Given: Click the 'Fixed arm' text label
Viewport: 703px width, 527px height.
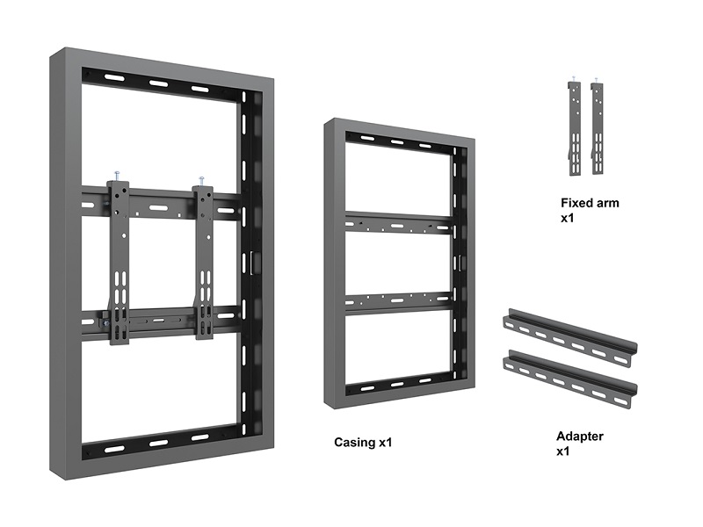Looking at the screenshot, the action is (x=590, y=203).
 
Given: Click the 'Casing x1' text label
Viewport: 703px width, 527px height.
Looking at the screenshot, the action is (x=363, y=443).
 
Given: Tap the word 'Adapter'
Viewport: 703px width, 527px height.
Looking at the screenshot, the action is (x=580, y=436).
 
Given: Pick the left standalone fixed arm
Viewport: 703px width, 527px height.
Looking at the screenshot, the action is (x=575, y=127).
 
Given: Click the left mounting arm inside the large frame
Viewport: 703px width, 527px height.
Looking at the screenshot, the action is (x=119, y=262).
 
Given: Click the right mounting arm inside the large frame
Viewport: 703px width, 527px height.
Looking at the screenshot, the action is (x=204, y=263).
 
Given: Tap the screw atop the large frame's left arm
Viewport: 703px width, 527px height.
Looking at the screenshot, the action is (x=117, y=176).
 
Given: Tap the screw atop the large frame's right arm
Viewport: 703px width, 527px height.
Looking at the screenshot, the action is (x=201, y=181).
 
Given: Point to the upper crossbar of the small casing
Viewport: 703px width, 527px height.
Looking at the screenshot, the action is (x=398, y=223).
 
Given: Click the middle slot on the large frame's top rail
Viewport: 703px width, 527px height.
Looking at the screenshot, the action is (x=158, y=83).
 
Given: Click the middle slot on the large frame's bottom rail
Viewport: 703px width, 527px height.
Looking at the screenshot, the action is (x=158, y=444).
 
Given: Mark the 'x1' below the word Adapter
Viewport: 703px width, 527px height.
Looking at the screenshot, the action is (x=563, y=451).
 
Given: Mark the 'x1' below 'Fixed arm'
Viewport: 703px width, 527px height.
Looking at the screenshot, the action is (x=568, y=218).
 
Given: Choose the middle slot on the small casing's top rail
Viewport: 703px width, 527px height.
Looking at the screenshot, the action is (x=397, y=142).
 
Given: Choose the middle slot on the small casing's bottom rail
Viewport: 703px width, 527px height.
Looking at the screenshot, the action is (x=397, y=385).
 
